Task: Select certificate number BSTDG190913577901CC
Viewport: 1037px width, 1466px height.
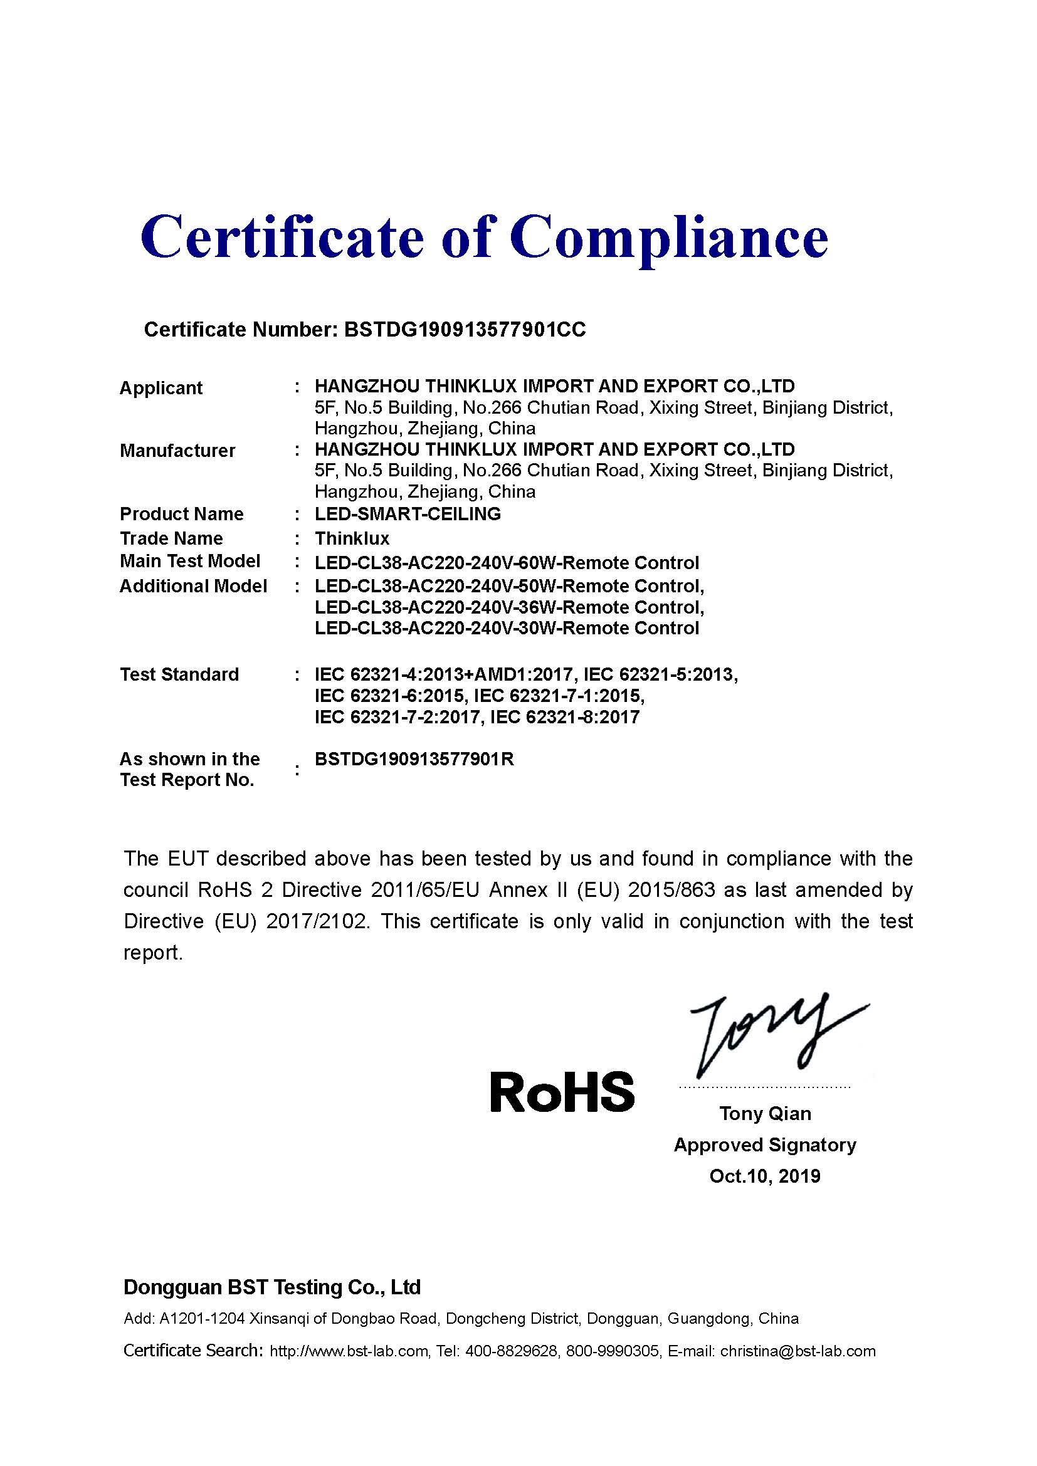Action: coord(464,330)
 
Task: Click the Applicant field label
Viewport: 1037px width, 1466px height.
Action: coord(161,388)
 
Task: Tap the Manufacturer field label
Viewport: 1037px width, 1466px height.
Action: coord(177,451)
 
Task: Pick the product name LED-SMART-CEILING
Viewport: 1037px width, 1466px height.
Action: coord(408,514)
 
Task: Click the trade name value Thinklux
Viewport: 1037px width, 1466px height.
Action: coord(352,538)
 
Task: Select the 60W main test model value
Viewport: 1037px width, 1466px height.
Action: coord(507,563)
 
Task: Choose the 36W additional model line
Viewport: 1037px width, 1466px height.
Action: coord(510,607)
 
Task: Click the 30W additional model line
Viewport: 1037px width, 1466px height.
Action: coord(507,628)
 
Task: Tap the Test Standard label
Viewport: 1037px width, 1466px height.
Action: coord(179,674)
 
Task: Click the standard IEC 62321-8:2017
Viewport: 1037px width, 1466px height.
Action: coord(564,717)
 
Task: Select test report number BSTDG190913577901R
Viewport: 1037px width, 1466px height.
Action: coord(414,759)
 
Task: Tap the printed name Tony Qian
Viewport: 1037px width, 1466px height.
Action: coord(765,1114)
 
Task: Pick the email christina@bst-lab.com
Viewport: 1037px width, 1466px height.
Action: coord(797,1351)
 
